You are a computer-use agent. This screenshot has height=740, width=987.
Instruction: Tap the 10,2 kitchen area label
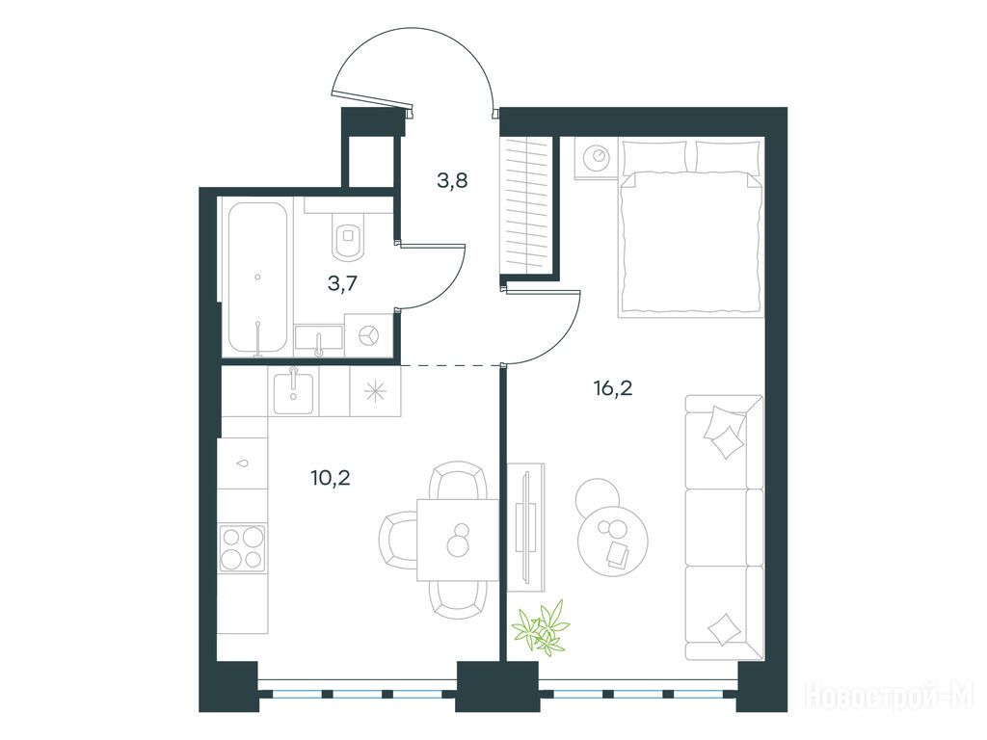tap(331, 478)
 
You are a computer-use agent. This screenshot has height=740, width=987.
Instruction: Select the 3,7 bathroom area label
tap(342, 284)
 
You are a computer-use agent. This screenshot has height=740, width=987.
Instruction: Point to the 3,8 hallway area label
tap(453, 181)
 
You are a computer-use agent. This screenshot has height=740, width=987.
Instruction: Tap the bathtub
tap(257, 277)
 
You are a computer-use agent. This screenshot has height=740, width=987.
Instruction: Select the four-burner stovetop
tap(242, 548)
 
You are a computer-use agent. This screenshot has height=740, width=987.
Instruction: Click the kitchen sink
tap(293, 391)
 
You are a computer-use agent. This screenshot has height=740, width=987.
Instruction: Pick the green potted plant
tap(541, 626)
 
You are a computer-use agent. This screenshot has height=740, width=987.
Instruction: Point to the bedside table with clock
tap(596, 158)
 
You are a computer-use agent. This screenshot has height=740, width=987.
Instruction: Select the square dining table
tap(458, 540)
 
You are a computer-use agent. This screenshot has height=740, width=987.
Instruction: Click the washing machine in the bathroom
tap(368, 336)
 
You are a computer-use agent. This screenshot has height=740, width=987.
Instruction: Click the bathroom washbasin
tap(318, 338)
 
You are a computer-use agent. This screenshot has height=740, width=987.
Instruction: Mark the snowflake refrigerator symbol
tap(376, 391)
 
